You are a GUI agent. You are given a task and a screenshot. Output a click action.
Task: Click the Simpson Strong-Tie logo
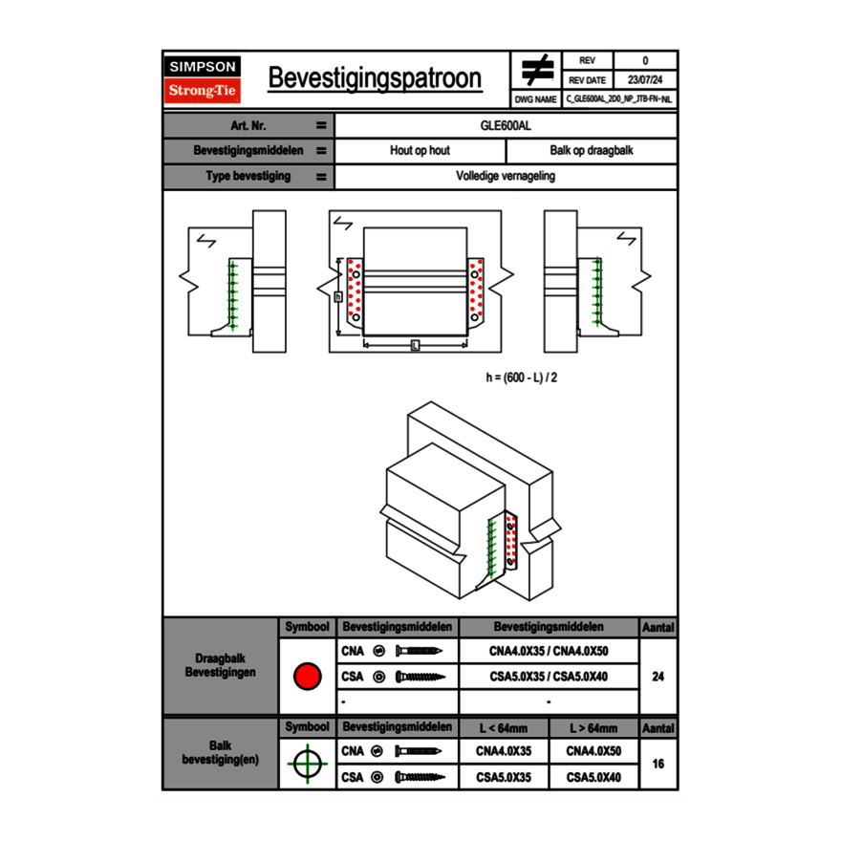(204, 79)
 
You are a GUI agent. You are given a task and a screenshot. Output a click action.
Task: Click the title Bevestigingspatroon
(375, 78)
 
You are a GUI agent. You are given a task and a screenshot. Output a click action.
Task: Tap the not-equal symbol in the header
(537, 71)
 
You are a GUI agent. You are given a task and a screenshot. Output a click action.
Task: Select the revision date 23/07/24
(645, 80)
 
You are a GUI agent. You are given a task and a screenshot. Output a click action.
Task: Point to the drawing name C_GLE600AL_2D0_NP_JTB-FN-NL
(618, 98)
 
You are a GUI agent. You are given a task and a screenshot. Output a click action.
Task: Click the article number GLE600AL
(506, 125)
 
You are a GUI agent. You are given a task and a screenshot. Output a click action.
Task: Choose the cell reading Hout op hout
(420, 151)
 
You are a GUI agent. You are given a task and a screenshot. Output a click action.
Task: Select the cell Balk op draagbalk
(592, 151)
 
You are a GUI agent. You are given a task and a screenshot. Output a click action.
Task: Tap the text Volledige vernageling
(506, 177)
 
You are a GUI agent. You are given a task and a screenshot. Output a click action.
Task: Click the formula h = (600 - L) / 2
(522, 377)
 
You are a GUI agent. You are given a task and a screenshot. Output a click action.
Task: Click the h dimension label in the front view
(337, 297)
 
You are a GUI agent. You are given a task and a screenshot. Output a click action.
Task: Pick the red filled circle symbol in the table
(306, 677)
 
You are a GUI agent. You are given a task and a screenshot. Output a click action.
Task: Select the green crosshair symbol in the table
(306, 764)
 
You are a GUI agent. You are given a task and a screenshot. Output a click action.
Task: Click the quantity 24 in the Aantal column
(658, 677)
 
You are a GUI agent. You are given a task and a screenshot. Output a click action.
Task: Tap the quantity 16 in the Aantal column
(658, 764)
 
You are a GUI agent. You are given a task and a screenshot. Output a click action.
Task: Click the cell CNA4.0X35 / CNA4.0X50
(549, 652)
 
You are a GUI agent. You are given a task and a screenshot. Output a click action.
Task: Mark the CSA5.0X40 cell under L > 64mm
(593, 778)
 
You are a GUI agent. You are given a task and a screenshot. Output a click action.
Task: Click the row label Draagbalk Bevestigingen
(220, 666)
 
